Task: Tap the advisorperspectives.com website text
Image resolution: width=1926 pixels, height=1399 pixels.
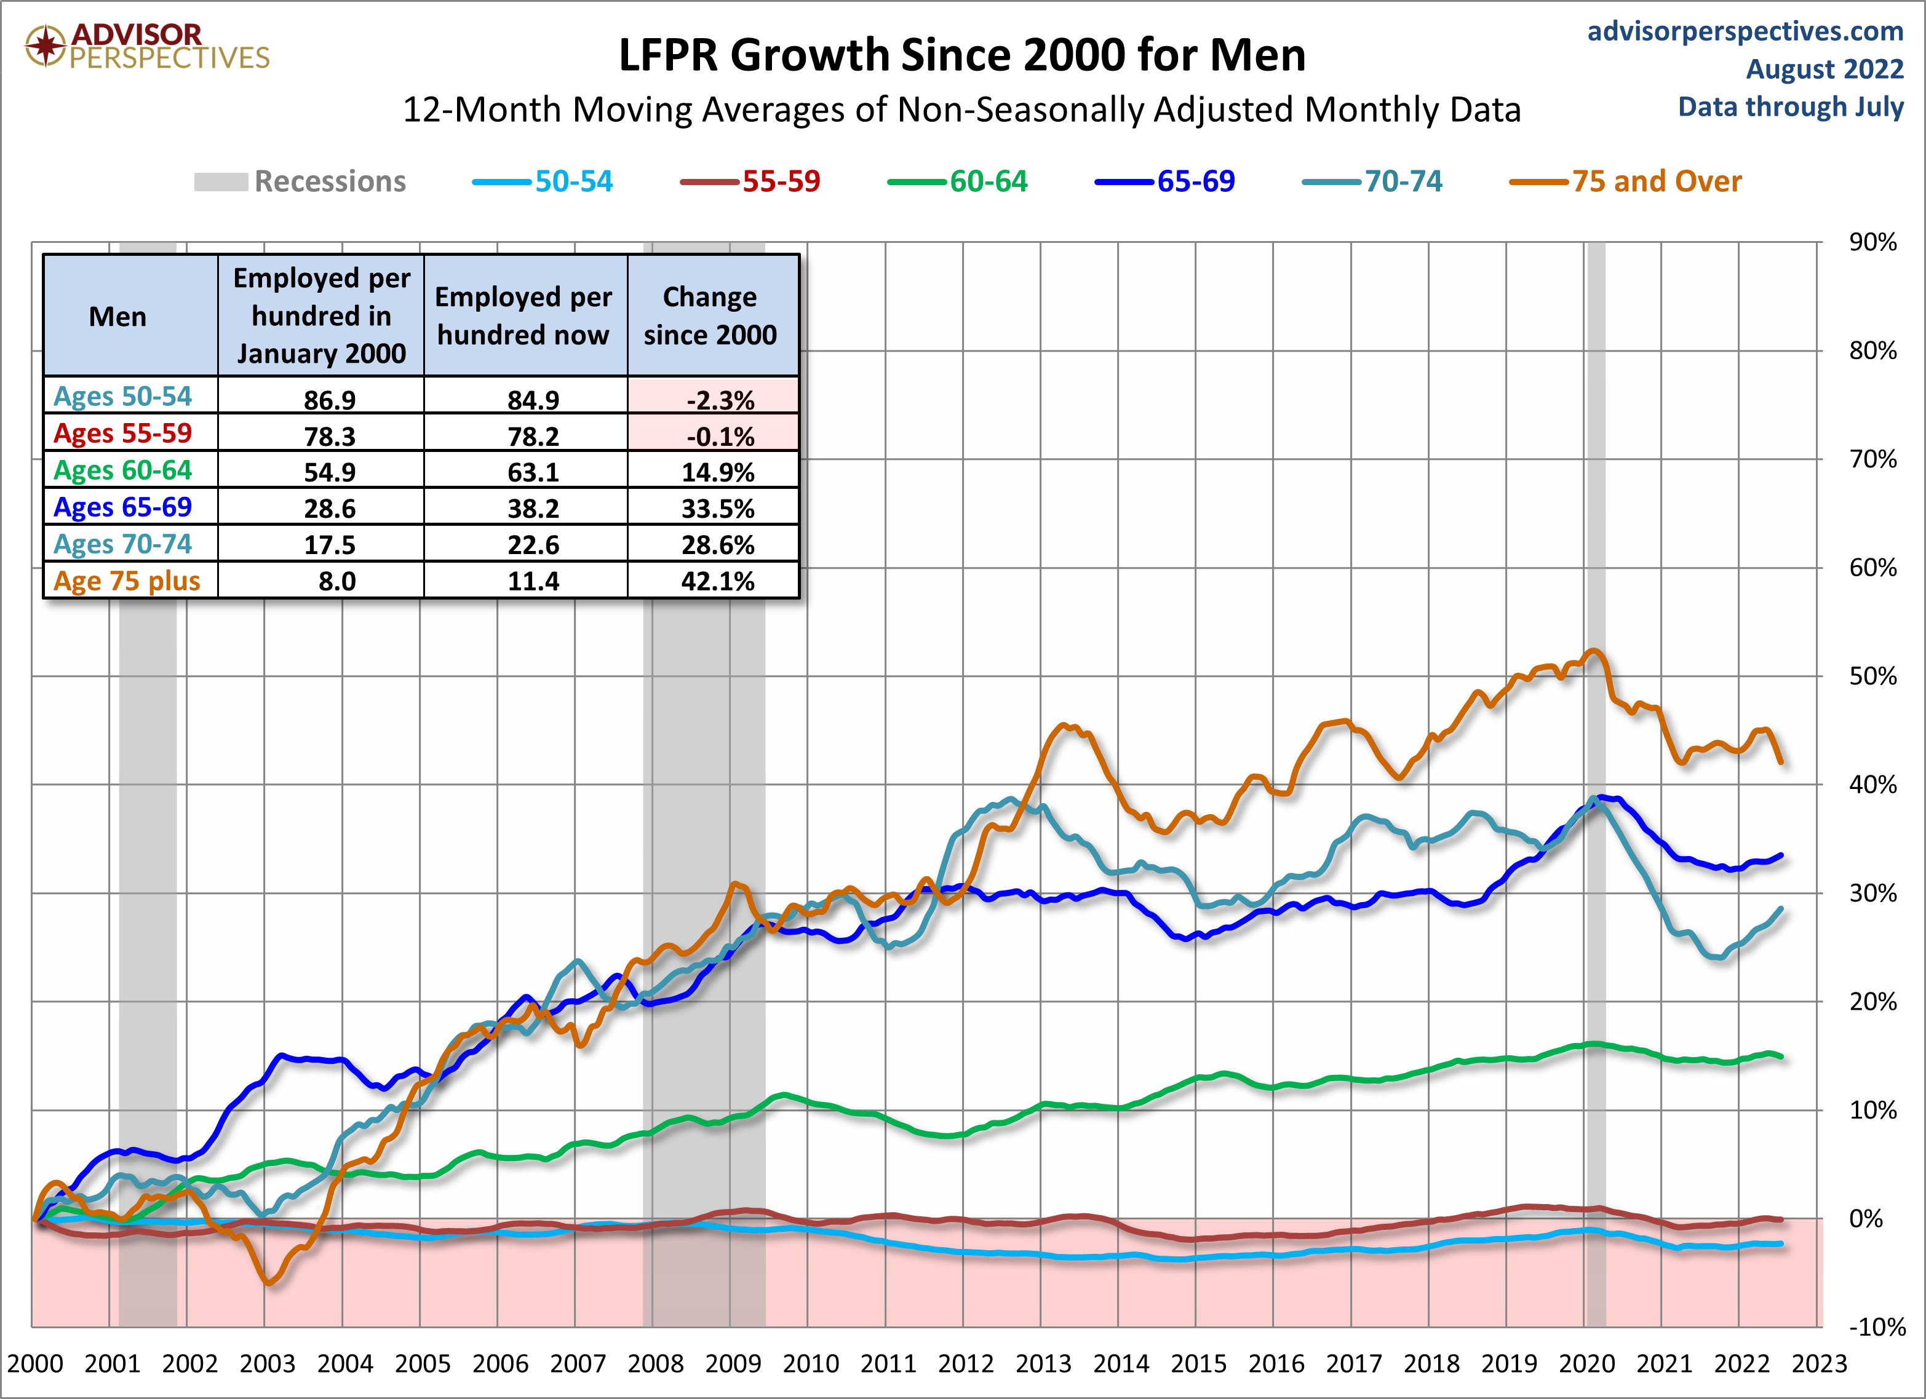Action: click(x=1745, y=31)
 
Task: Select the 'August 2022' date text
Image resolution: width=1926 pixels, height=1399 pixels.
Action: click(x=1824, y=69)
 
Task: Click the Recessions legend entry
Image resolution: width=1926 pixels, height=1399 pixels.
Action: click(x=301, y=181)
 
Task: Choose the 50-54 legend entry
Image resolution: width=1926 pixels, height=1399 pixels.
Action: click(x=544, y=181)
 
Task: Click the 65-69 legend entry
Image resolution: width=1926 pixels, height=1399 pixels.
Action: click(x=1165, y=181)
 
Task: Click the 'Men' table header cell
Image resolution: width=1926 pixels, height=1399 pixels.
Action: click(x=118, y=317)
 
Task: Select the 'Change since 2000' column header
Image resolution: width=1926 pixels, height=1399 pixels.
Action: click(x=710, y=316)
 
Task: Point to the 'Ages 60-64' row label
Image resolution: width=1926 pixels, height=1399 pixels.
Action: click(x=123, y=470)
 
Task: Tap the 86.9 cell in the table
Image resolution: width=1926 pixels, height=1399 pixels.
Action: click(x=330, y=399)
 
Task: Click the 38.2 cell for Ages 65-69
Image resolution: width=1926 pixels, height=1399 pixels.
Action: click(x=533, y=509)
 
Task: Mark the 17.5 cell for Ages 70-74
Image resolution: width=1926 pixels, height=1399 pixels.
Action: click(x=330, y=545)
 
